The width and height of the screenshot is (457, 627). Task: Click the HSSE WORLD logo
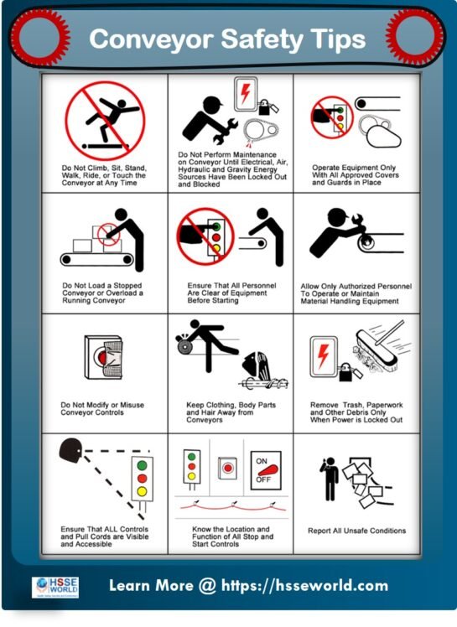pyautogui.click(x=55, y=586)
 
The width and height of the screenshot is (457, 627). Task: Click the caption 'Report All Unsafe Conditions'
pyautogui.click(x=356, y=531)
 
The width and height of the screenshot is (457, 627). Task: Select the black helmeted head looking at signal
pyautogui.click(x=70, y=452)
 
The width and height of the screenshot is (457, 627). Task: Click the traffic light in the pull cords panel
pyautogui.click(x=143, y=479)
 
